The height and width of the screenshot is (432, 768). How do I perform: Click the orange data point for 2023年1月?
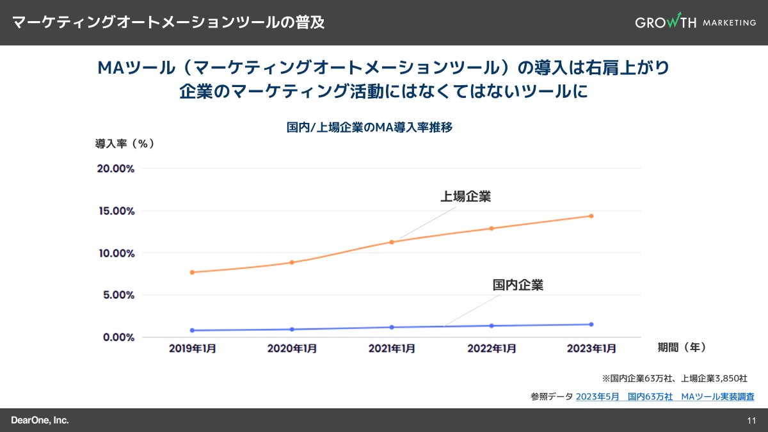click(591, 216)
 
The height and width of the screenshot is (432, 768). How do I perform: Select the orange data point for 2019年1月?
click(192, 272)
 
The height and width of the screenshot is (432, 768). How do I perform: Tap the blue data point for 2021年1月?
click(392, 327)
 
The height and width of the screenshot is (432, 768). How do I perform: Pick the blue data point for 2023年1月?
click(591, 324)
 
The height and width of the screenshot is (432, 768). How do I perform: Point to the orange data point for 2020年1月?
click(292, 262)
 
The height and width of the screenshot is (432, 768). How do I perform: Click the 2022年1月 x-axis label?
click(492, 349)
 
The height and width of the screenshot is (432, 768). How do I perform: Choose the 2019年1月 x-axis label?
click(192, 349)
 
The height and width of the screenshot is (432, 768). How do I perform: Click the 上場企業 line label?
click(465, 196)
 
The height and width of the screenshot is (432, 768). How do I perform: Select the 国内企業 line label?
click(517, 285)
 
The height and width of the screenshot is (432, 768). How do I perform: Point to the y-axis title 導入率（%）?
click(125, 143)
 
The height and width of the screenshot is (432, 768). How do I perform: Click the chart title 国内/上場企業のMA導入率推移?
click(370, 127)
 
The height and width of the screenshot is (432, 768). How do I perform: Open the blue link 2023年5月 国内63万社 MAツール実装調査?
click(664, 397)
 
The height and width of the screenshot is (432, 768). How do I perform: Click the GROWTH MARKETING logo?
click(695, 22)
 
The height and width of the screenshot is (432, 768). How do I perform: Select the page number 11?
click(751, 420)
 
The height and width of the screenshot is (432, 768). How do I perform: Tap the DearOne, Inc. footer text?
click(40, 420)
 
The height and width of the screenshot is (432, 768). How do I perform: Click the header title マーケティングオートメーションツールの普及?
click(168, 22)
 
